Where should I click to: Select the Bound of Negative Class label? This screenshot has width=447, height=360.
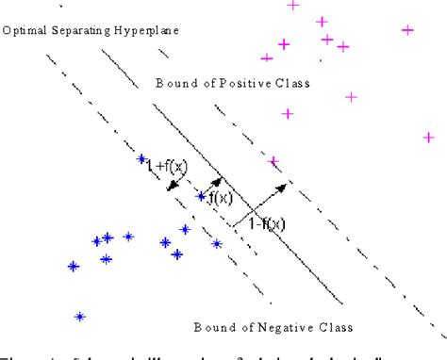273,328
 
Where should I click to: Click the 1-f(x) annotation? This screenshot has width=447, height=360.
266,224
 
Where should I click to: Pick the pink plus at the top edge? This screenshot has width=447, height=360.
292,6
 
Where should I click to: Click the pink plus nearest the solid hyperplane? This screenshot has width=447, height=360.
274,161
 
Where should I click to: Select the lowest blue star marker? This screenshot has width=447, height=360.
81,317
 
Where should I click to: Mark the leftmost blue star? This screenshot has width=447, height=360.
74,267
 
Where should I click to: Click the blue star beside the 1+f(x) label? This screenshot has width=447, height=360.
141,159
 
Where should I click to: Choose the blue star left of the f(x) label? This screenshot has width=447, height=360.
200,197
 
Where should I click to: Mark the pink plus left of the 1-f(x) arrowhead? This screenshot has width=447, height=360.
274,161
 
